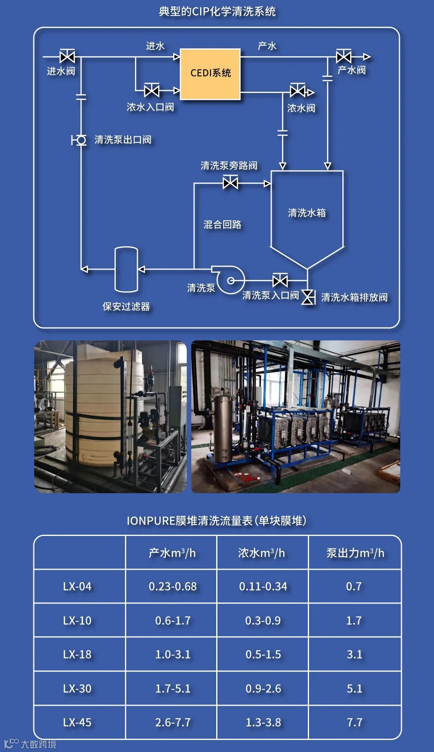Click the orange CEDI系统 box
pos(210,74)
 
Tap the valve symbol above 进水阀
pos(67,57)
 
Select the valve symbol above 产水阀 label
pos(344,56)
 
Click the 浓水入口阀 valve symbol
pos(151,91)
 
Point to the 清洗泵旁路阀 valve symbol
pos(230,183)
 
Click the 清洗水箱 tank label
pos(307,213)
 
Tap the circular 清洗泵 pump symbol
pos(230,280)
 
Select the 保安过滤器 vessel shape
pos(126,269)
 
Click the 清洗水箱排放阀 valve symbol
pos(308,297)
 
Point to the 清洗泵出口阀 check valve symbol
pos(81,140)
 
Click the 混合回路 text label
pos(222,225)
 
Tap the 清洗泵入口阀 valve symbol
pos(280,280)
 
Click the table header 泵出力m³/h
pos(355,553)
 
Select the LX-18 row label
pos(77,655)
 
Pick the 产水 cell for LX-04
pos(173,587)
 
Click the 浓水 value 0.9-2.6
pos(263,689)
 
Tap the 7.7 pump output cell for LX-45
pos(354,723)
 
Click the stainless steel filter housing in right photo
pos(223,425)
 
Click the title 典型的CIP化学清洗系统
pos(217,11)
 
